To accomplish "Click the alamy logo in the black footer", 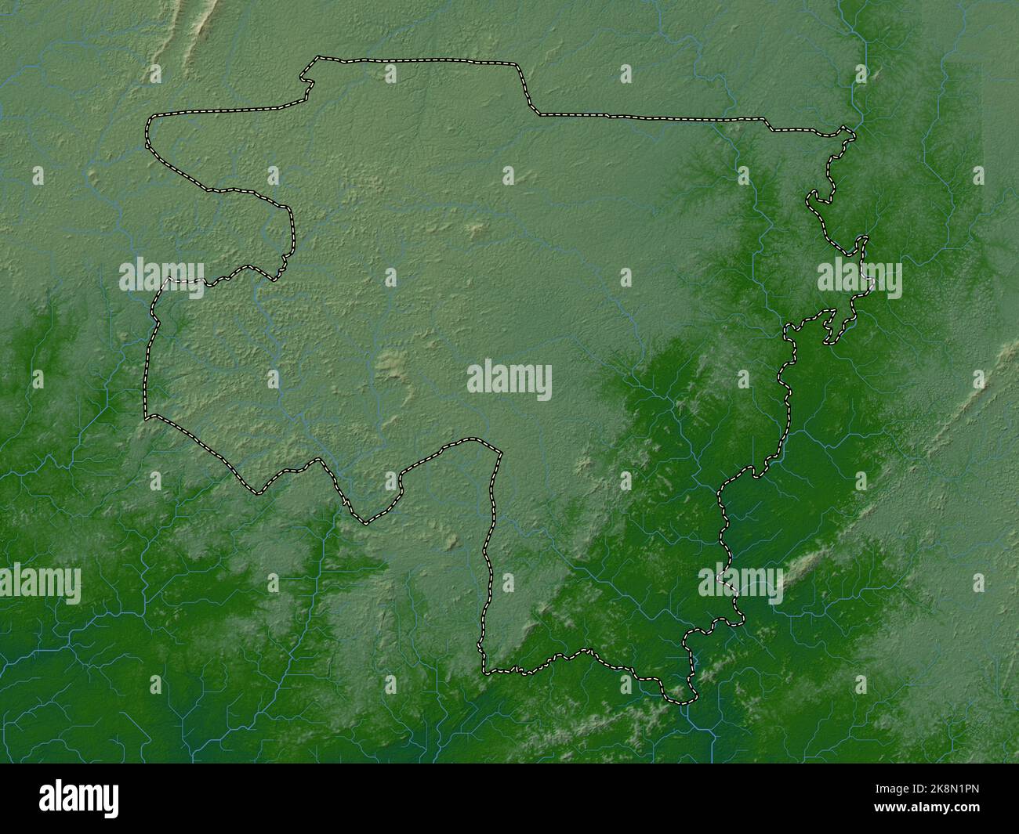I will pos(79,799).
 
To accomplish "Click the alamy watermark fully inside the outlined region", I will pos(509,381).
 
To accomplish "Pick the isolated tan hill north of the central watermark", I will pos(475,229).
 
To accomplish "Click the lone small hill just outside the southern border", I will pos(452,540).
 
